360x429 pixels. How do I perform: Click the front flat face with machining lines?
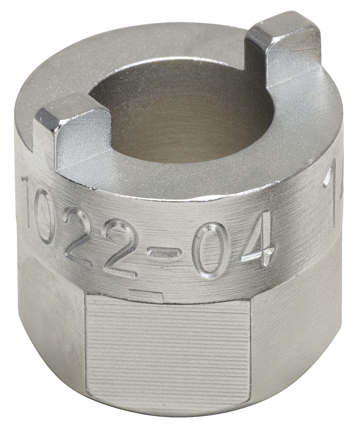tap(169, 351)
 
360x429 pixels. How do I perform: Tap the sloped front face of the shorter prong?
tap(84, 146)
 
